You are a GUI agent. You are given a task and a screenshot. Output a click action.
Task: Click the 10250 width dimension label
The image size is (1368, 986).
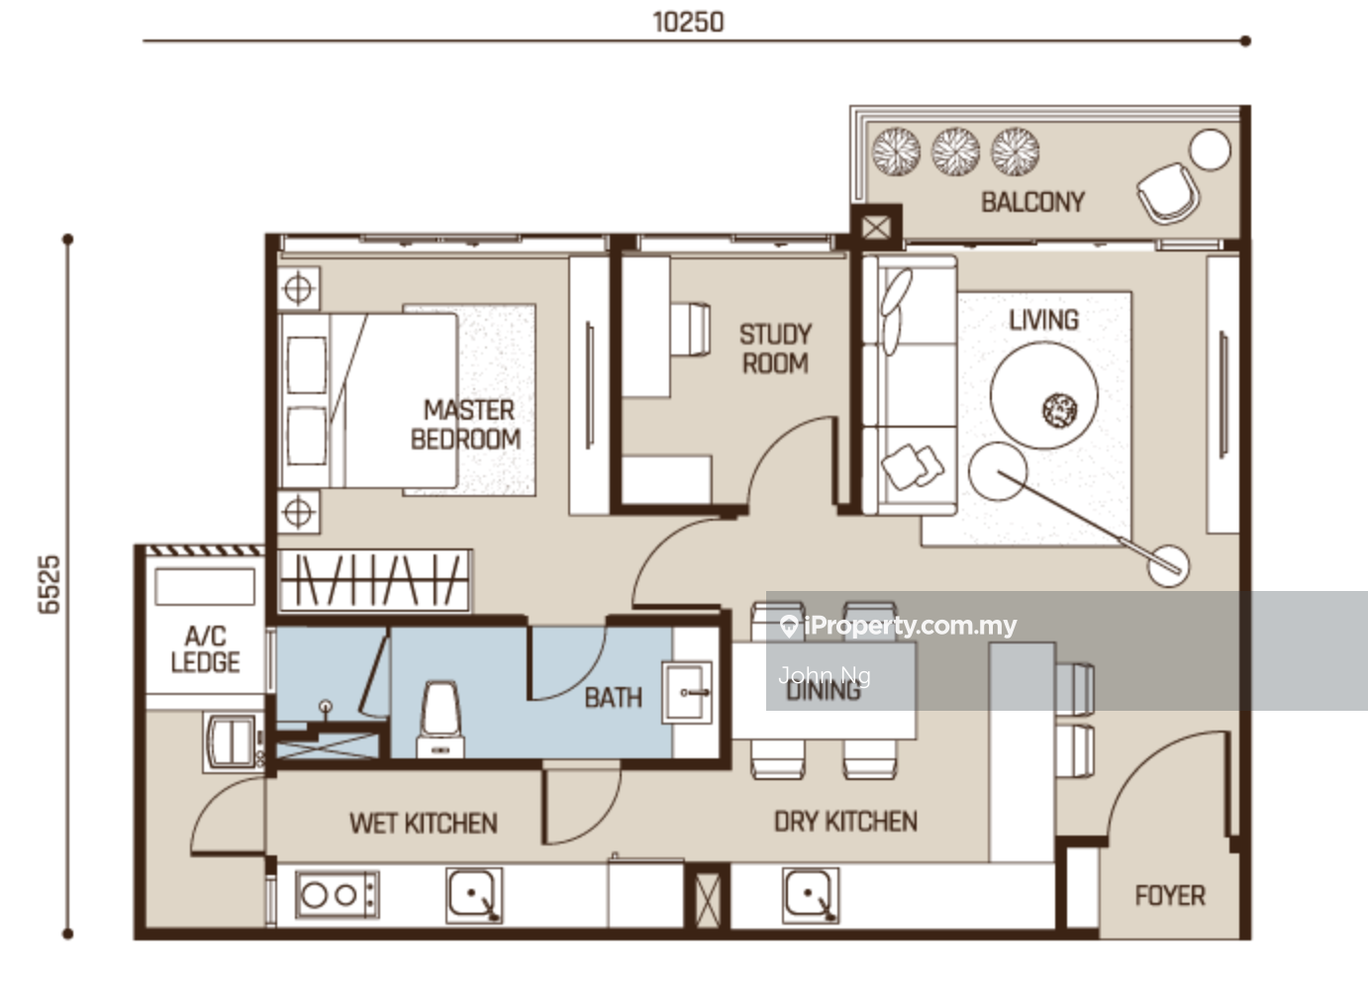[x=688, y=23]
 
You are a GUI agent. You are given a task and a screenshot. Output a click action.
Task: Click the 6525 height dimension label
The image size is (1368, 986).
[x=49, y=584]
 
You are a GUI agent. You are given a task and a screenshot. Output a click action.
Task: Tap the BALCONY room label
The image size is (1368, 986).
[x=1032, y=202]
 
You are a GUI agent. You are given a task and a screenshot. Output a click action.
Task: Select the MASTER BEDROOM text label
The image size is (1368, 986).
[x=466, y=425]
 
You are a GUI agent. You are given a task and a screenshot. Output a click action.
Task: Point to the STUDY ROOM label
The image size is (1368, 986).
[x=776, y=348]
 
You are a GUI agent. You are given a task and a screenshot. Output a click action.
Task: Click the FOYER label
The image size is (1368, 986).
[x=1170, y=896]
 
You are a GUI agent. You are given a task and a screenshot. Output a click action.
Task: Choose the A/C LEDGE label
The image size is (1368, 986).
[x=205, y=649]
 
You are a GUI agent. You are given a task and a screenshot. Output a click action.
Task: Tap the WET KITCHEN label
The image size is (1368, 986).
[x=424, y=824]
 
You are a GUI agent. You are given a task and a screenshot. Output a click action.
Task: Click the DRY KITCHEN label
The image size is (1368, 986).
[x=845, y=822]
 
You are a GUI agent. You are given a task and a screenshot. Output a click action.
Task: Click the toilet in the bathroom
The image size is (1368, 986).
[x=440, y=720]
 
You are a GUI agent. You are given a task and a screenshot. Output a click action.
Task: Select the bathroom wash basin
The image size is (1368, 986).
[x=687, y=693]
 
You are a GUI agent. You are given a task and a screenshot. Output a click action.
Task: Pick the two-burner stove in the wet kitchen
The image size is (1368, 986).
[x=337, y=895]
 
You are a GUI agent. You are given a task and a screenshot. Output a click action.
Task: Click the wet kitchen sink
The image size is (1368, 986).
[x=474, y=895]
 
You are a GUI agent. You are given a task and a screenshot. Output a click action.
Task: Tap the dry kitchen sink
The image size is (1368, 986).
[x=811, y=895]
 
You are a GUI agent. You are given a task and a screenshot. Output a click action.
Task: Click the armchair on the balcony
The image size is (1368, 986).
[x=1168, y=192]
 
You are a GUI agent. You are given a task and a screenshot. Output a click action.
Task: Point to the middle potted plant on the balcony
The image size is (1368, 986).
[x=956, y=151]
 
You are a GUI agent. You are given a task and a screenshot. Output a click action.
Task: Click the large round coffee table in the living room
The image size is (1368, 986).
[x=1043, y=395]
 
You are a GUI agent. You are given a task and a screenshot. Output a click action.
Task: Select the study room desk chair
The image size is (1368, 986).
[x=690, y=329]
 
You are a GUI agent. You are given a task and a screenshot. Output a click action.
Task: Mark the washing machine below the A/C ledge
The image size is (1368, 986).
[x=232, y=742]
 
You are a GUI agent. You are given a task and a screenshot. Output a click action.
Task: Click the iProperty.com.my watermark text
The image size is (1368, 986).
[x=899, y=626]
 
